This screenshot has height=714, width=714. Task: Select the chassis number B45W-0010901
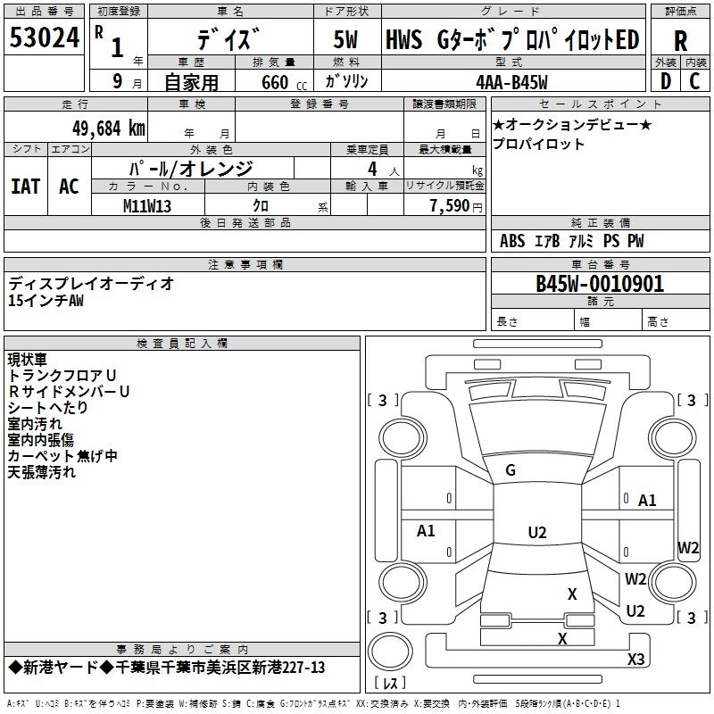click(x=600, y=284)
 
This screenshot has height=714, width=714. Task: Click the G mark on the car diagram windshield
click(x=511, y=470)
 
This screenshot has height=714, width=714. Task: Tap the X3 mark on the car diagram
click(x=636, y=660)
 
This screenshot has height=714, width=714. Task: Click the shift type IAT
click(x=25, y=187)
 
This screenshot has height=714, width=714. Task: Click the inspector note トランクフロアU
click(x=62, y=376)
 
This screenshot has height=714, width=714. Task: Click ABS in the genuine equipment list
click(x=512, y=241)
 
